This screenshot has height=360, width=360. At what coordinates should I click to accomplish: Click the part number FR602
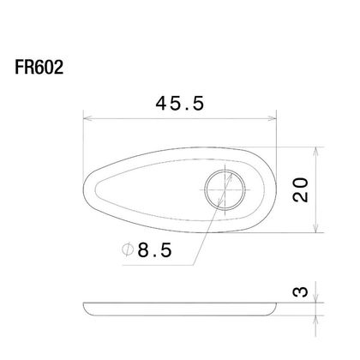(39, 68)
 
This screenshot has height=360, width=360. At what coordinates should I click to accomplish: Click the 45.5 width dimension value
(180, 103)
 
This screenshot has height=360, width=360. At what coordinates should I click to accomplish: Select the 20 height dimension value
(301, 189)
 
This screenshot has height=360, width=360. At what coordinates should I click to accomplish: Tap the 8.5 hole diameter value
(155, 250)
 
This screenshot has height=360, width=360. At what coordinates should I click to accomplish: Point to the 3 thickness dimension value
(301, 291)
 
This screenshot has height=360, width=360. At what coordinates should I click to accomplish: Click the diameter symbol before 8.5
(128, 249)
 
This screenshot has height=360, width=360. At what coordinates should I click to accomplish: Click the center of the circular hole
(225, 189)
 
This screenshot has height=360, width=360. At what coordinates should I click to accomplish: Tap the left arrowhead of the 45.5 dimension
(87, 118)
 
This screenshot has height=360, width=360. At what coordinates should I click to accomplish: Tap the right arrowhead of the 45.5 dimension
(273, 118)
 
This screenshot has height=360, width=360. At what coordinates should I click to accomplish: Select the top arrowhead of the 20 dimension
(315, 152)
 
